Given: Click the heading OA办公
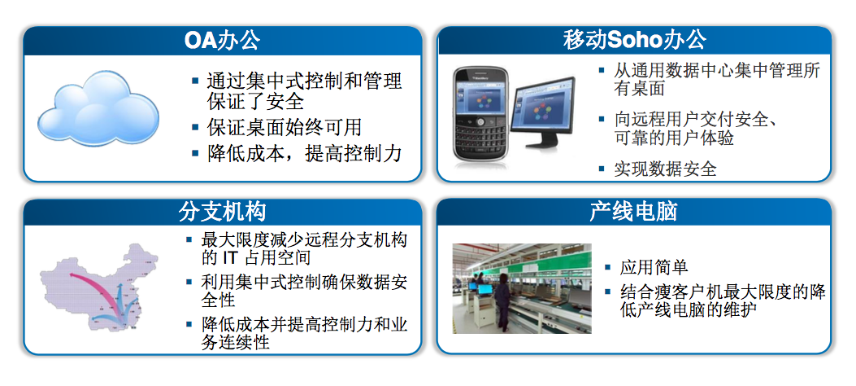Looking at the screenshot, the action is (x=222, y=41).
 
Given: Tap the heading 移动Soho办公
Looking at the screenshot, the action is (x=634, y=40).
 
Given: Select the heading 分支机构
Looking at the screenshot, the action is (x=222, y=212).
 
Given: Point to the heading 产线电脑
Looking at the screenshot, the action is (x=634, y=212).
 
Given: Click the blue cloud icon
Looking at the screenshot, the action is (x=98, y=108).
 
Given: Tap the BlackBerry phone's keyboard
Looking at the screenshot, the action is (x=480, y=139).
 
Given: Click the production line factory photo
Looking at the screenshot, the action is (x=522, y=288).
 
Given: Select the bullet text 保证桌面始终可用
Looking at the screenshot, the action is (x=285, y=127).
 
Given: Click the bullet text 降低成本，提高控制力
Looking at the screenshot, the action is (x=305, y=153).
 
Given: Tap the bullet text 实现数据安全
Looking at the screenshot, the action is (x=665, y=169).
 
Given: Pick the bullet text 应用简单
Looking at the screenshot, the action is (x=654, y=267).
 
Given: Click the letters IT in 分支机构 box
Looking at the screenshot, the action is (x=232, y=257).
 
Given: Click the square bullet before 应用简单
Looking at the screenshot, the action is (x=608, y=267).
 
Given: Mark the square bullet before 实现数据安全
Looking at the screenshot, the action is (x=602, y=169).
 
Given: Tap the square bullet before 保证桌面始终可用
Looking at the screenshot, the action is (x=195, y=127).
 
